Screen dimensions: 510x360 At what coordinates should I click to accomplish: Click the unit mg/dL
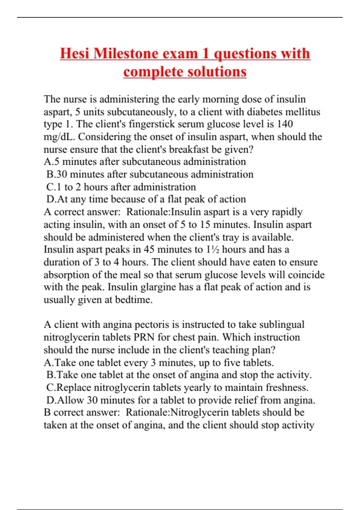coord(59,137)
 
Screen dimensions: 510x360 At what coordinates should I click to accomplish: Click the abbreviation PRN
coord(144,337)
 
